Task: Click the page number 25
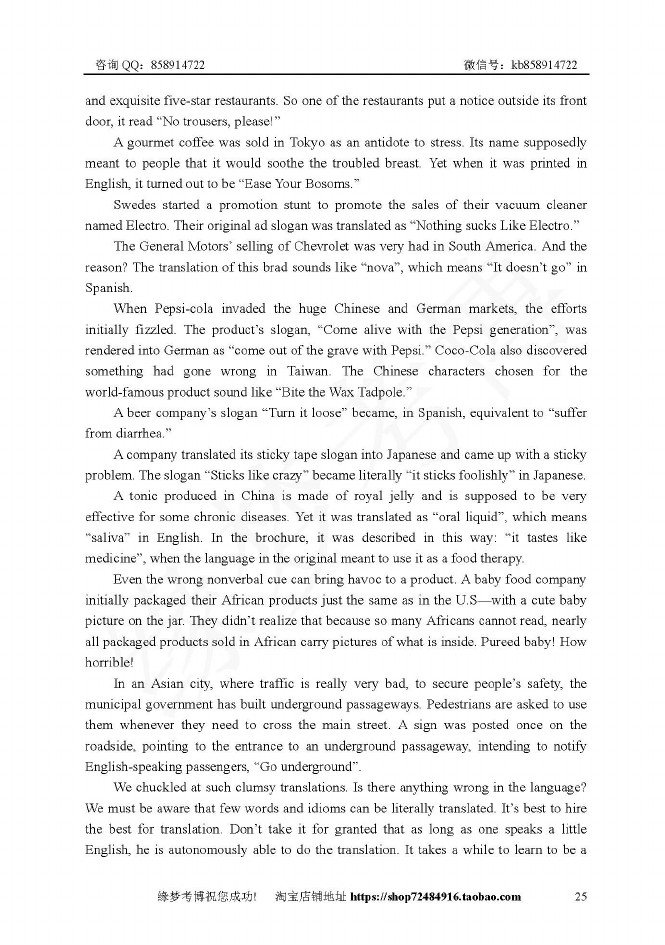click(581, 896)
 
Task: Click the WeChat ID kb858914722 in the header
click(544, 65)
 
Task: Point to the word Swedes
click(136, 205)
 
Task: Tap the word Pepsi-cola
click(187, 308)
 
